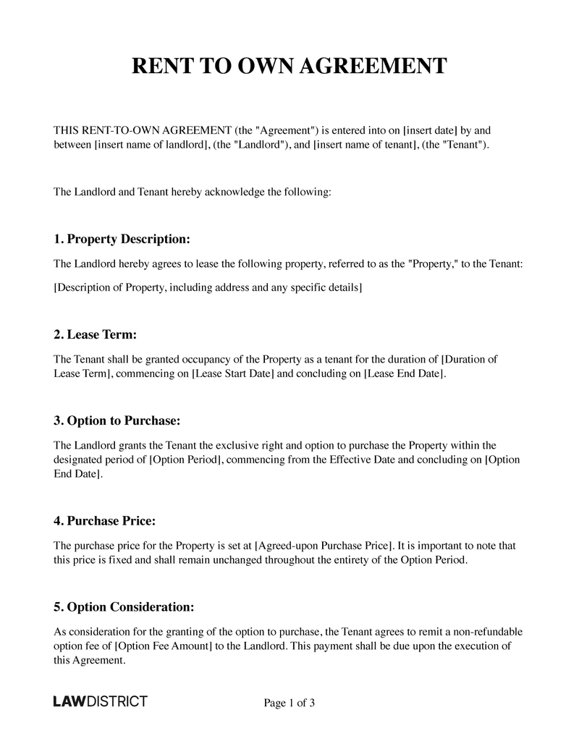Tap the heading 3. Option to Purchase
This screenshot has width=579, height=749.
coord(117,420)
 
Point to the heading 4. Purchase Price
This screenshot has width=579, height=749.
coord(105,520)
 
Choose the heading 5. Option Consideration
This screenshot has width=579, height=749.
coord(124,606)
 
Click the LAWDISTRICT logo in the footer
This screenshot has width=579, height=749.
coord(101,702)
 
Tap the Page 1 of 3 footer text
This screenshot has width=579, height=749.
coord(289,703)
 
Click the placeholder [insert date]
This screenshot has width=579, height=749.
coord(430,131)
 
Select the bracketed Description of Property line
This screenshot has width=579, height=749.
coord(208,288)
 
